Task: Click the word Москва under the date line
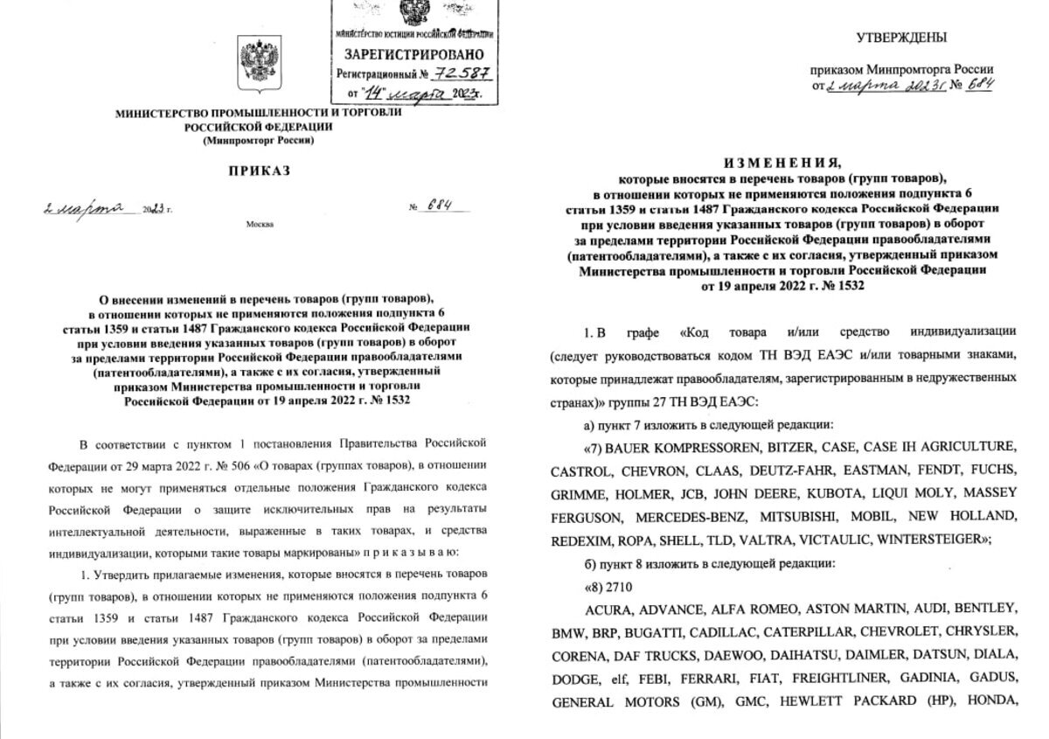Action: [260, 225]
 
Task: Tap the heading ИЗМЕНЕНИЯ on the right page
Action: [781, 163]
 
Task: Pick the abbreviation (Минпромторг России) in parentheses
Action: [258, 140]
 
